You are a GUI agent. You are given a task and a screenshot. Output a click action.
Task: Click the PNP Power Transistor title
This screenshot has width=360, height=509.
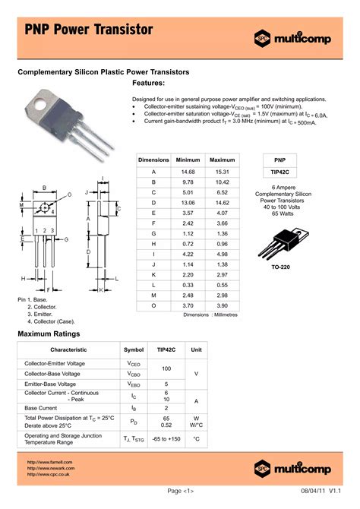(89, 30)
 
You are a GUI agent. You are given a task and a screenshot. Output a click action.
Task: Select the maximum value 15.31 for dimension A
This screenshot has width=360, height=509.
(223, 172)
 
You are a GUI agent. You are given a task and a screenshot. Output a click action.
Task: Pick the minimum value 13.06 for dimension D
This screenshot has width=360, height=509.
(188, 203)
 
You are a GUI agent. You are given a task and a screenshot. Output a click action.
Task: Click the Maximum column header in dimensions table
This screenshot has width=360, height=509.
(223, 160)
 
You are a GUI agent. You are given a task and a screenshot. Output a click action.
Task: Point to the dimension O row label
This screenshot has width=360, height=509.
(153, 305)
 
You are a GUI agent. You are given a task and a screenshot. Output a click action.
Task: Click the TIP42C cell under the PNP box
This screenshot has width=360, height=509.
(286, 172)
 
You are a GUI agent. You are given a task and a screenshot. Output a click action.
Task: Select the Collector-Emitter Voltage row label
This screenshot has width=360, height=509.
(55, 364)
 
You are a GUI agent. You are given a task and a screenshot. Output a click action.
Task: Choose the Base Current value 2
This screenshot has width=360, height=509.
(166, 408)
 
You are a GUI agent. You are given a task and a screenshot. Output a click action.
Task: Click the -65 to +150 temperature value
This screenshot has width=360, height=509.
(166, 439)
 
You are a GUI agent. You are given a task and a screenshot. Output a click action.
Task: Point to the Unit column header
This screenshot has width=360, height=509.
(197, 349)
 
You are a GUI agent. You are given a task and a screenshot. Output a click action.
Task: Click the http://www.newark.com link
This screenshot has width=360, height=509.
(49, 468)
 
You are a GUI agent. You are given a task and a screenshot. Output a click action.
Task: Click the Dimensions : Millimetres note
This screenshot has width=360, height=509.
(210, 315)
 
